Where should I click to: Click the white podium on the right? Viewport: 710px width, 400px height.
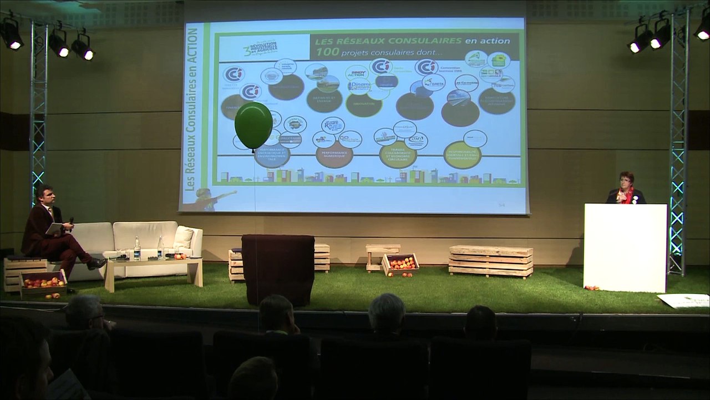pos(625,247)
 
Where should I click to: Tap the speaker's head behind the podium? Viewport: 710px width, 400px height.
pos(627,180)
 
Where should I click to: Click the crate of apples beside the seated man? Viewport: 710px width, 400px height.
pos(43,283)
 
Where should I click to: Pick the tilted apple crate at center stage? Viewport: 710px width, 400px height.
pos(400,265)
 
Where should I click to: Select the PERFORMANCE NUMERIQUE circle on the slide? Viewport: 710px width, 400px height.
pos(334,154)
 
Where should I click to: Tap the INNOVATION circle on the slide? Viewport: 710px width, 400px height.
pos(364,104)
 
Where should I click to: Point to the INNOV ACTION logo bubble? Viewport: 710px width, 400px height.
pos(357,73)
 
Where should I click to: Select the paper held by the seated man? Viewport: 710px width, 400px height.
pos(55,228)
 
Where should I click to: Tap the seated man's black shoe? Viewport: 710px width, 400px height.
pos(97,263)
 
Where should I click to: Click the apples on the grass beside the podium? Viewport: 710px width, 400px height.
pos(592,288)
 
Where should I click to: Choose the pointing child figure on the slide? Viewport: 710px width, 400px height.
pos(209,198)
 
